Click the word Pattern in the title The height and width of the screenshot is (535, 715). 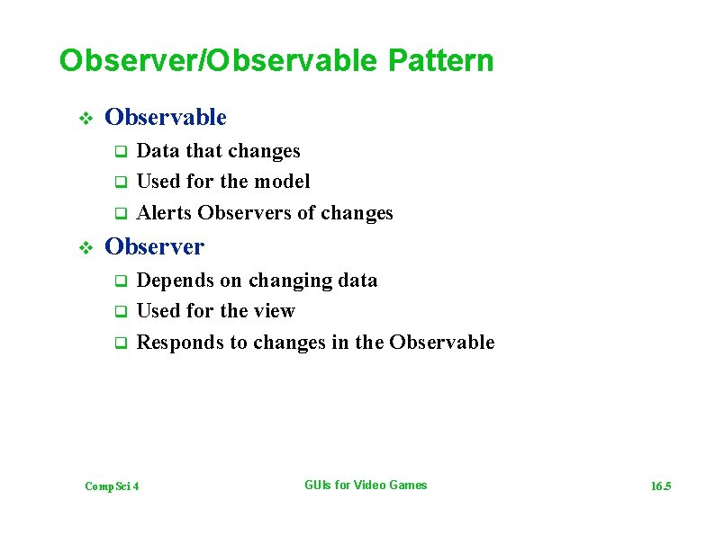(441, 61)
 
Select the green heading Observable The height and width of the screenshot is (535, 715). (166, 118)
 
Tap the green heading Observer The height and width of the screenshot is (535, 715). (155, 246)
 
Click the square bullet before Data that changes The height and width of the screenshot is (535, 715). (118, 152)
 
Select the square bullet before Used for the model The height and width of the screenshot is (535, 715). (118, 183)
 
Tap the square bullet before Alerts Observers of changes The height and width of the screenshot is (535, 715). (118, 214)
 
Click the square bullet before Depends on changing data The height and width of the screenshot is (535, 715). (118, 281)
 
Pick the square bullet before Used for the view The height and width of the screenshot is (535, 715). (118, 312)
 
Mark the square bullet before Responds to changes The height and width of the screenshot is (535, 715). (118, 343)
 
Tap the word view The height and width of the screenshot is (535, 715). (275, 311)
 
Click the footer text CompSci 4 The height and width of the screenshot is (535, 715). (112, 486)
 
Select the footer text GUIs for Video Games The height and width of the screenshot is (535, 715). (366, 486)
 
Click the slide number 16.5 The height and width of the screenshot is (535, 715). (661, 486)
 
